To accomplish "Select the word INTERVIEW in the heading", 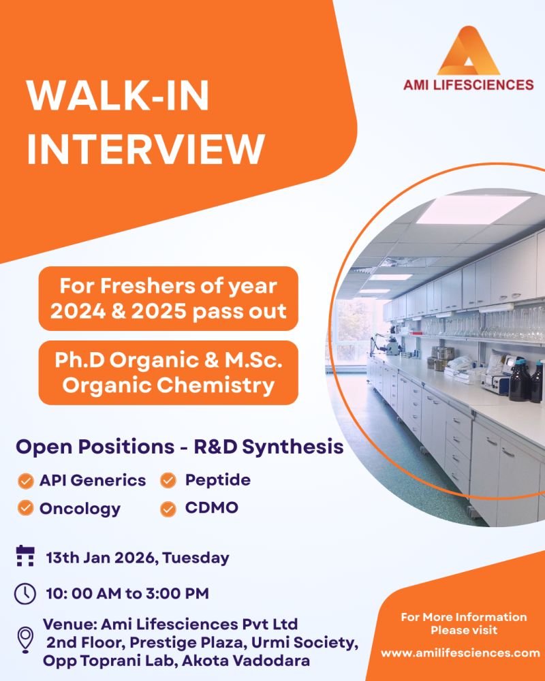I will [145, 149].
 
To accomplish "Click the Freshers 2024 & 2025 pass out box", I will [168, 297].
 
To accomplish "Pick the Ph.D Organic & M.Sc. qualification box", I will [168, 373].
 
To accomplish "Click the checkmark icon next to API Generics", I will [25, 481].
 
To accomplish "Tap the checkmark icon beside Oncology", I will [25, 508].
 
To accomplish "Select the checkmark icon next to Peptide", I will [168, 481].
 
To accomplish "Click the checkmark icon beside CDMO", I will [168, 508].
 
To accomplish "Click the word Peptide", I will [218, 480].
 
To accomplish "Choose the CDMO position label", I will [212, 508].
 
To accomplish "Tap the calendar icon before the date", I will [25, 557].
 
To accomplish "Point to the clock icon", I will [25, 593].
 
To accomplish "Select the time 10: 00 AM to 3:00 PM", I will [126, 593].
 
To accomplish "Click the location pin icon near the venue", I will [25, 641].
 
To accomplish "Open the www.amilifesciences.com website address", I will [460, 652].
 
